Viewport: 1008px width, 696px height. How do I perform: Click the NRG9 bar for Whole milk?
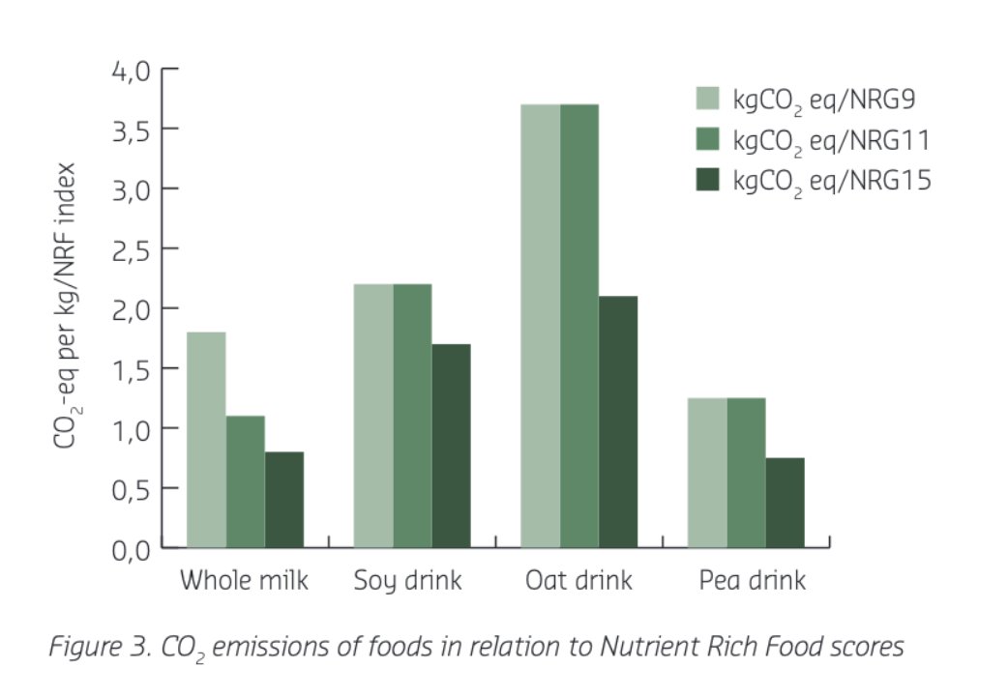pos(206,440)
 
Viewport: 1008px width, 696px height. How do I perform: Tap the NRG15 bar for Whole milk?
pos(283,500)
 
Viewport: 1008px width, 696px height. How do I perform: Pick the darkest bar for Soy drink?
pos(451,446)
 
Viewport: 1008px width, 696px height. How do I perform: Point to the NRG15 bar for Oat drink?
pos(617,421)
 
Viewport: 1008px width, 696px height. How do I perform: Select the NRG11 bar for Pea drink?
pos(746,473)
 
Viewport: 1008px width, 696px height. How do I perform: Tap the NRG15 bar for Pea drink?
pos(785,503)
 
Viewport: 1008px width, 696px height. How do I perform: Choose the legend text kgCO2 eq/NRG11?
pos(831,140)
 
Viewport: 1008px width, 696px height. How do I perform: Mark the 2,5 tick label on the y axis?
pos(132,249)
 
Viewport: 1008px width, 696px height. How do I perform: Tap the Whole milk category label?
pos(244,581)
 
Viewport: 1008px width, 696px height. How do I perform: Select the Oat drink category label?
pos(578,581)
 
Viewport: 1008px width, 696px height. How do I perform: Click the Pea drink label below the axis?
pos(752,581)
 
